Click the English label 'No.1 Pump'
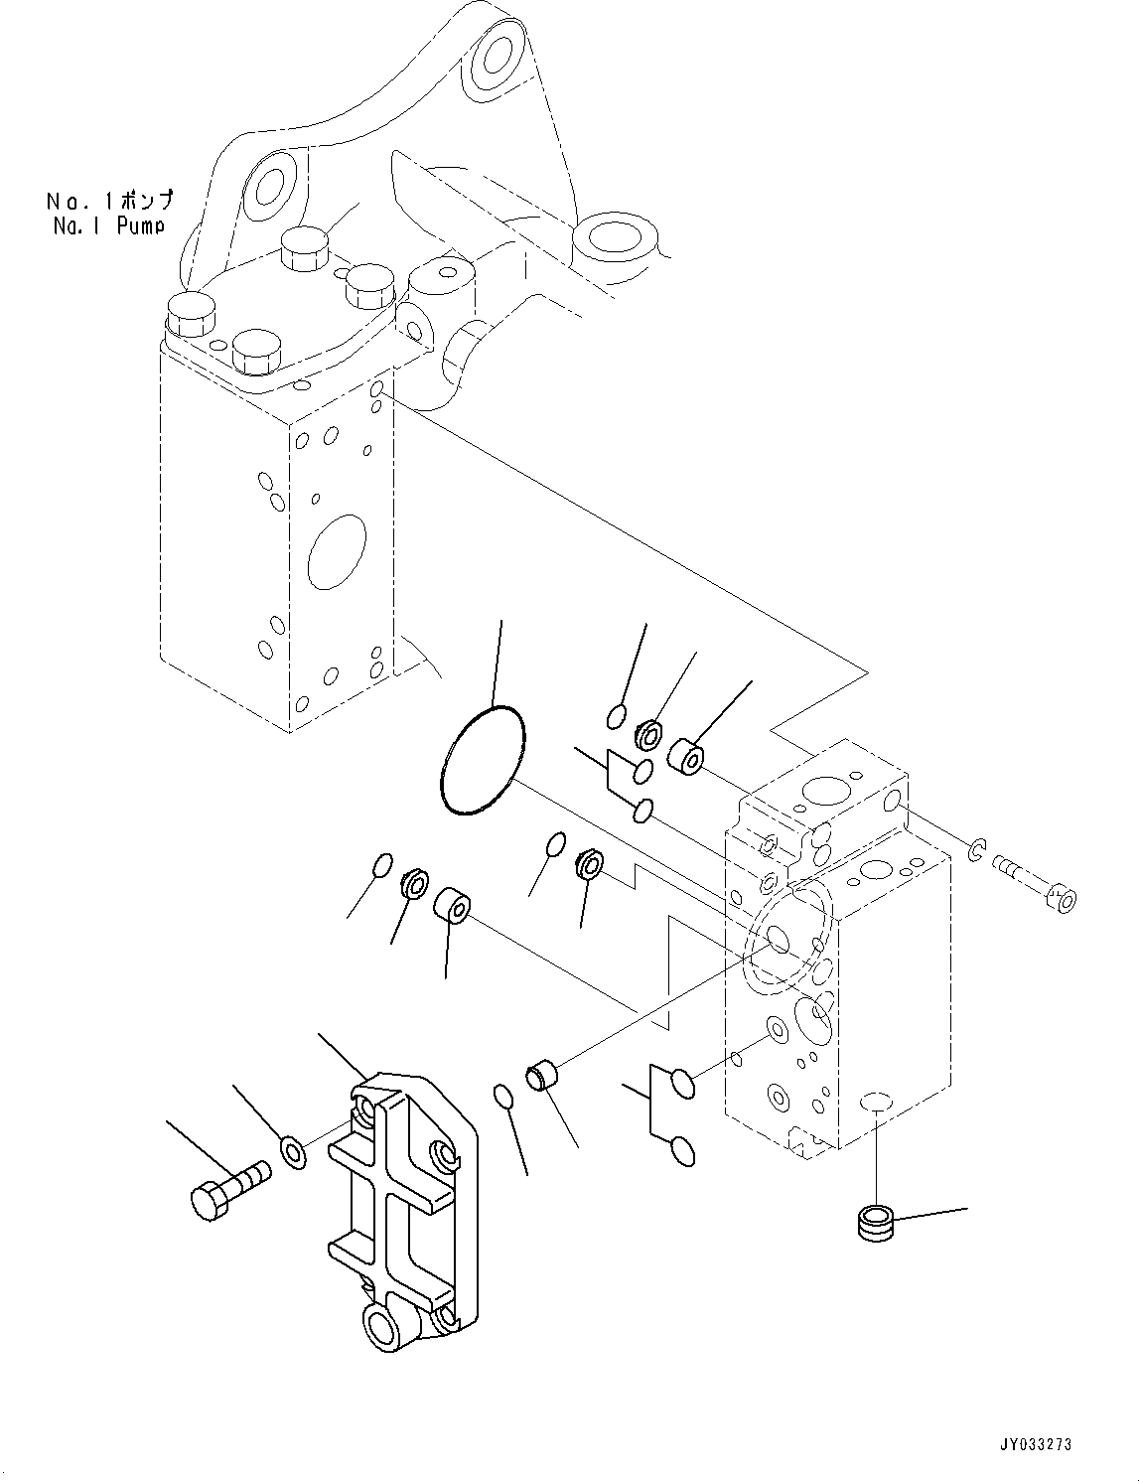tap(108, 225)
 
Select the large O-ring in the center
tap(482, 761)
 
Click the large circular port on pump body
tap(338, 552)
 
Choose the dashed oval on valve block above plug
tap(874, 1099)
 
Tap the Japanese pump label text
tap(108, 201)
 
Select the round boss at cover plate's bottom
tap(384, 1324)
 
